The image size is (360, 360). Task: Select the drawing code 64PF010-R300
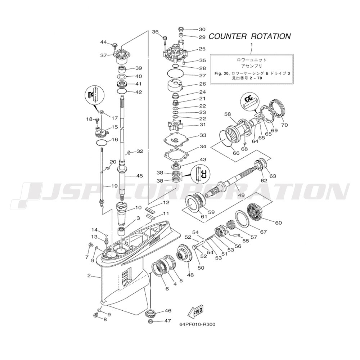(197, 324)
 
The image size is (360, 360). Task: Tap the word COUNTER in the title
(228, 36)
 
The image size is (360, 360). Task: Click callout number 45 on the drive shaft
(139, 176)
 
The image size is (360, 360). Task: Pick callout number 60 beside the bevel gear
(278, 223)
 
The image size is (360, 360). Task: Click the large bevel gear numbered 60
(257, 213)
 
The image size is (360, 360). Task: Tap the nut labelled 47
(151, 321)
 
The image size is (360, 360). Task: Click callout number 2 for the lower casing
(89, 276)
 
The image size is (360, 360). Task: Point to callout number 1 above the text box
(251, 45)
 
